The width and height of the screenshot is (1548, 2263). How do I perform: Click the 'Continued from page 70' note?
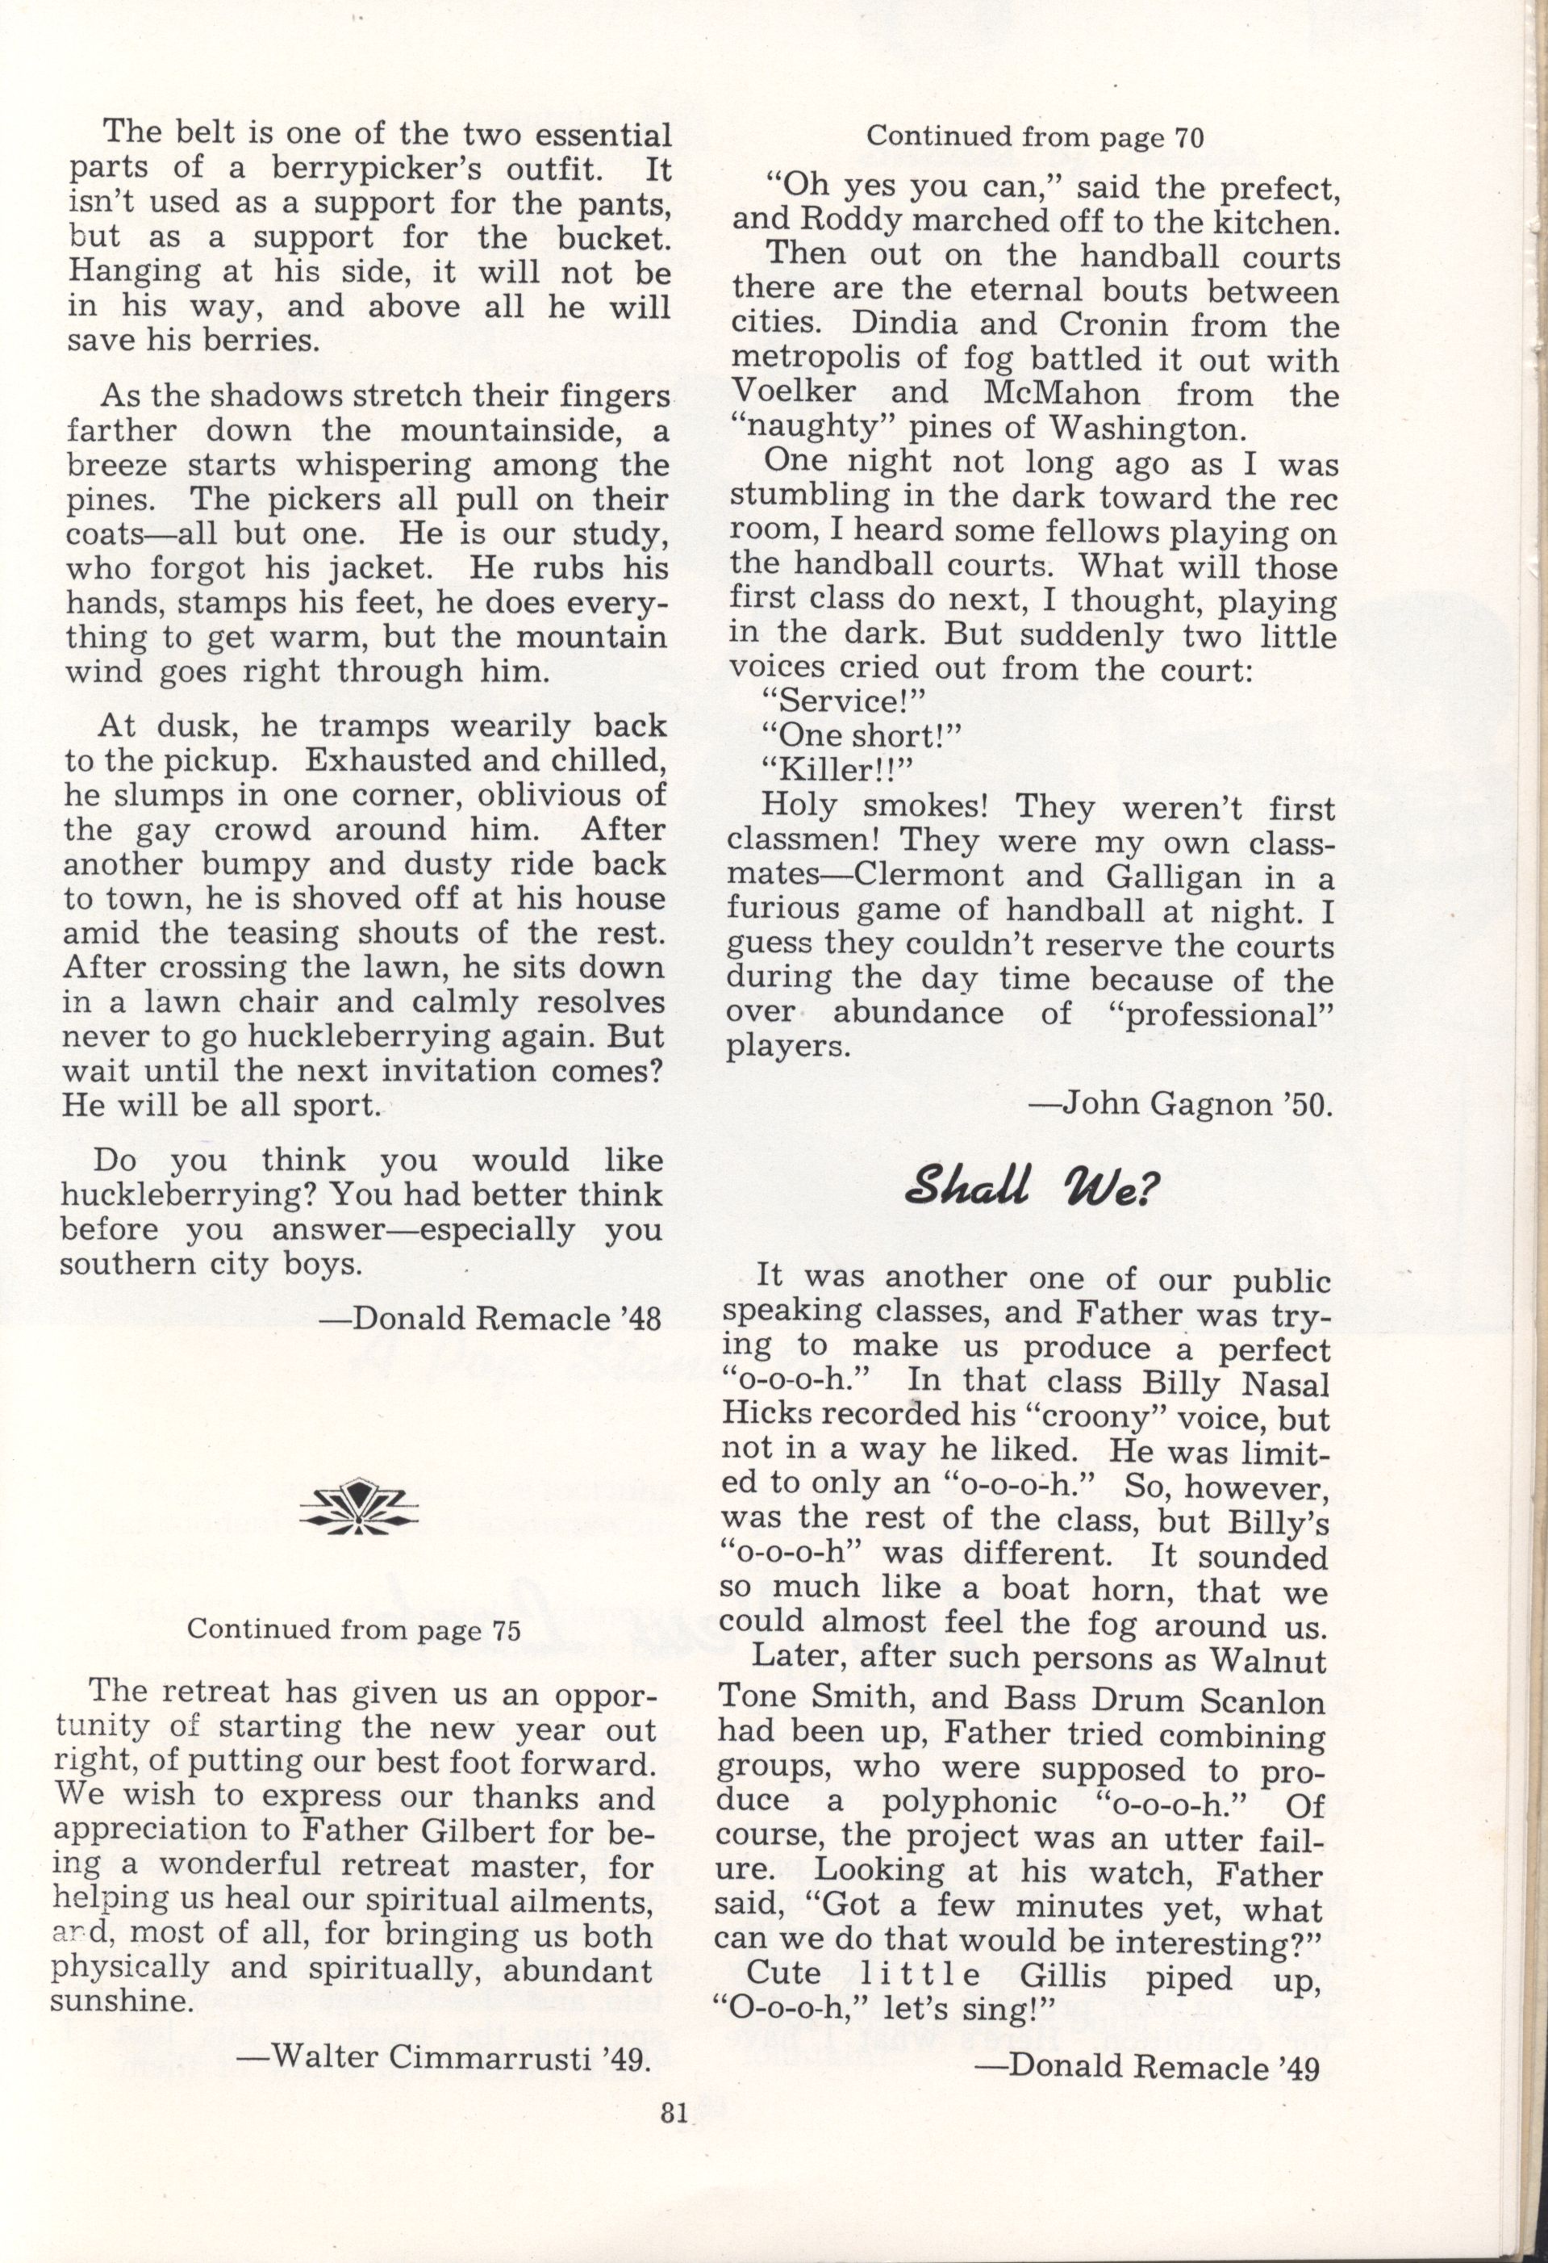click(x=1035, y=137)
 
